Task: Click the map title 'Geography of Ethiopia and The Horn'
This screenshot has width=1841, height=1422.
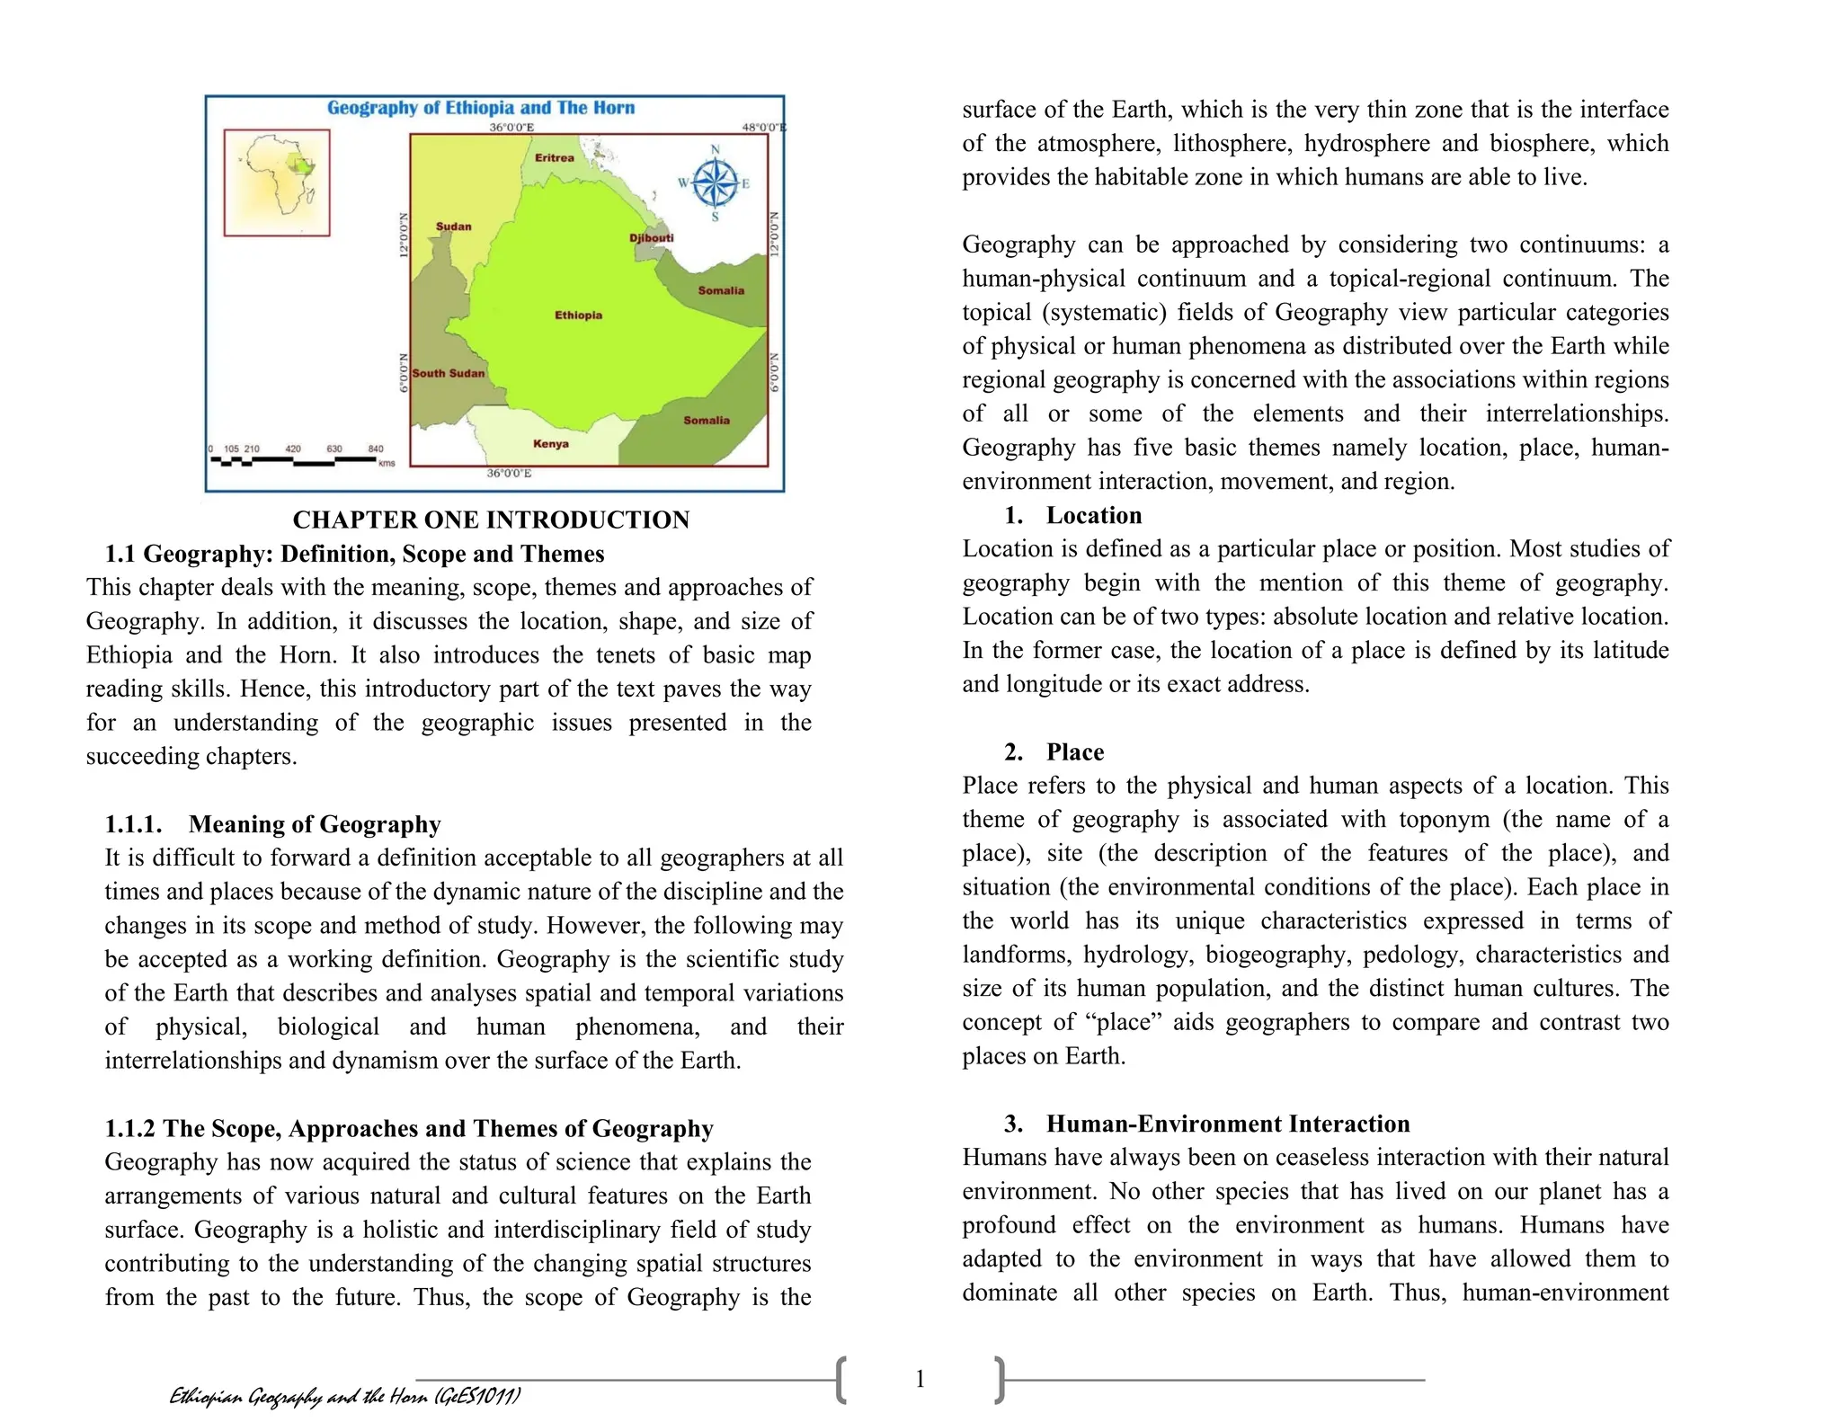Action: [481, 108]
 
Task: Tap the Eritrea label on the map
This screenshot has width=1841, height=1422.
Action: [555, 157]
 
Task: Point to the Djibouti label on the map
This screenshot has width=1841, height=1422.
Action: [651, 237]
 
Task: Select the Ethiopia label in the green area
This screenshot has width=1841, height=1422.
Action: [578, 315]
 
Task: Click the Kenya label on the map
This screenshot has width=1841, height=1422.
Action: [550, 443]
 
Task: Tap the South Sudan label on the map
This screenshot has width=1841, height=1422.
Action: [449, 373]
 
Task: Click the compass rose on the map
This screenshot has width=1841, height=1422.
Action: [715, 183]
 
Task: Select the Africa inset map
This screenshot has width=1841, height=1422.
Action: [277, 182]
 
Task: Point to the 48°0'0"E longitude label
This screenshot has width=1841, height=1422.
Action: [763, 128]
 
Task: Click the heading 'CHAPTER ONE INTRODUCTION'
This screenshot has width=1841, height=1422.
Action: [491, 520]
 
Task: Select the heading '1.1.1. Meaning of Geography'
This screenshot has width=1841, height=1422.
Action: [272, 824]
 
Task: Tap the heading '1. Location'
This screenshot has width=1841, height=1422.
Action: [1073, 515]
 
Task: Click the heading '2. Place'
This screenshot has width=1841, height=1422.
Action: [1054, 751]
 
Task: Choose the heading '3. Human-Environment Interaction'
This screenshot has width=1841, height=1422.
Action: [1207, 1124]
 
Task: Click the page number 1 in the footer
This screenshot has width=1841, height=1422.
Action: [920, 1379]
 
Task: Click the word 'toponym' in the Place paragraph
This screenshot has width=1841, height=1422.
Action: [1434, 819]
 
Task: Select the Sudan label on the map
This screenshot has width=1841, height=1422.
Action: [453, 227]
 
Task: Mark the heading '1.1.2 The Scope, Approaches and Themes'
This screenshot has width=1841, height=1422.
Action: [409, 1128]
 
